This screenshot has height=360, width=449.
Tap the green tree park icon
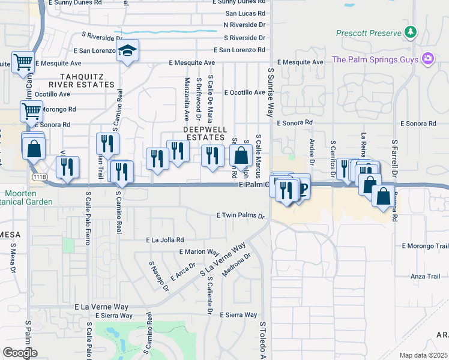coord(411,32)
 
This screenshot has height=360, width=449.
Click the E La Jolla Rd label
coord(165,239)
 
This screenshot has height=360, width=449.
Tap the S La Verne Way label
coord(226,257)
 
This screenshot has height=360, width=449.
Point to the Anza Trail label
coord(426,276)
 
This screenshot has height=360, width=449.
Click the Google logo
coord(20,353)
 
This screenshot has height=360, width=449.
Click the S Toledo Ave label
coord(262,340)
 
